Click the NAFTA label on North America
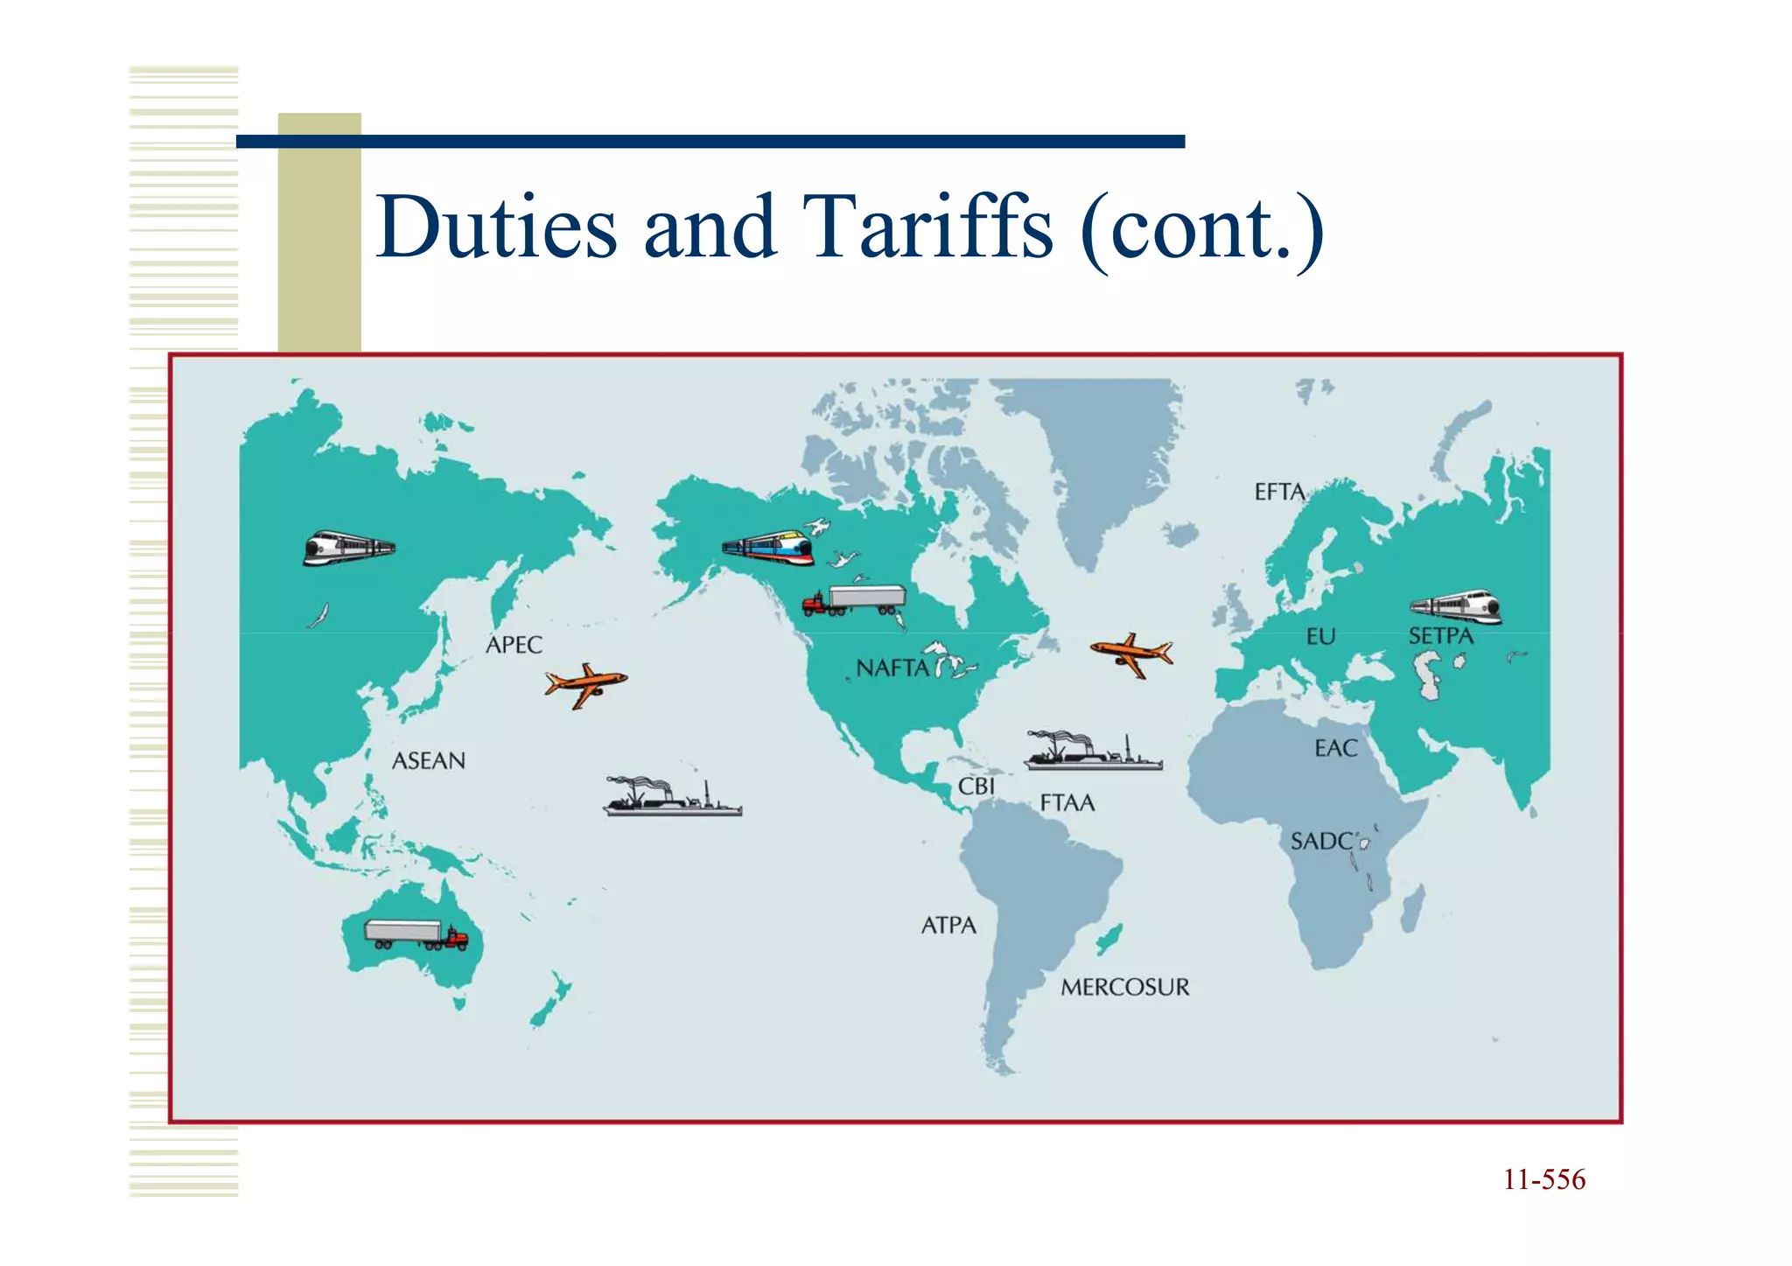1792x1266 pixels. point(892,668)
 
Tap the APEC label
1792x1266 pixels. point(514,646)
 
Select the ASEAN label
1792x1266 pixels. point(428,761)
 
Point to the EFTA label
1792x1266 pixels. point(1279,493)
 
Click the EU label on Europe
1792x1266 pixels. point(1320,637)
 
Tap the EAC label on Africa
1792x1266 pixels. point(1336,749)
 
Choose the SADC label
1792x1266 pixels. point(1322,842)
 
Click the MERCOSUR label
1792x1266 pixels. point(1124,988)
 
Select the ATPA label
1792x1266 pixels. point(948,926)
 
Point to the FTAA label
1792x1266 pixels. point(1067,803)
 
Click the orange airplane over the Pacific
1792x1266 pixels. point(585,684)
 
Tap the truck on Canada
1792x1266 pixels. point(854,601)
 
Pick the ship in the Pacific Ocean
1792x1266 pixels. point(672,797)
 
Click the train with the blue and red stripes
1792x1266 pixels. point(768,548)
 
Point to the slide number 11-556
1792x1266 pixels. point(1543,1180)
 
